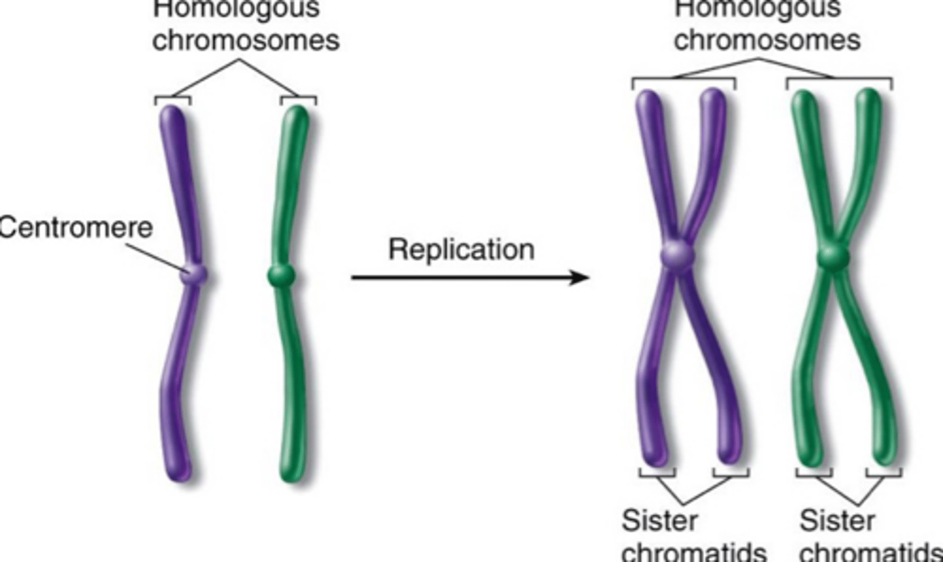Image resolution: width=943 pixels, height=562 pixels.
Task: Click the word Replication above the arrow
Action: (x=461, y=250)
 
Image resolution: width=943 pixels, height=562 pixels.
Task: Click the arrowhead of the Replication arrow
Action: (x=579, y=277)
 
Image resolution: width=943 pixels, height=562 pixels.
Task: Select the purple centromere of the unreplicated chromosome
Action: (x=194, y=274)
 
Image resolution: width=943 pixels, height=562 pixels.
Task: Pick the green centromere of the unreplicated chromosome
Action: (x=282, y=275)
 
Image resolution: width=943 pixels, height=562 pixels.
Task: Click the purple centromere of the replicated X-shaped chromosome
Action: (x=676, y=253)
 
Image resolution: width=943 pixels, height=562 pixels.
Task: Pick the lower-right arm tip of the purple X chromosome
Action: (x=728, y=456)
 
